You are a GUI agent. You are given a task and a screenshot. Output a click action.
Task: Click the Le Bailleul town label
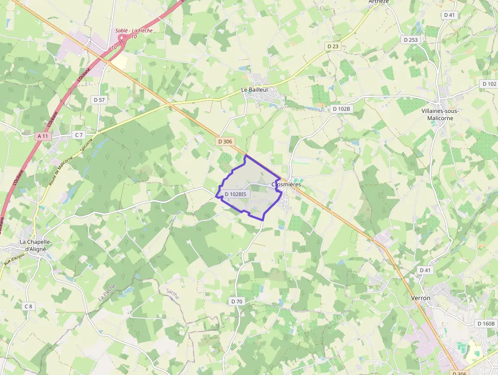[x=254, y=90]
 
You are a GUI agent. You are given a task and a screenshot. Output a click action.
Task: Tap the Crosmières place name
[x=287, y=184]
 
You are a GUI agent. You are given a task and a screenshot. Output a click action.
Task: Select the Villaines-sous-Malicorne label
[x=441, y=114]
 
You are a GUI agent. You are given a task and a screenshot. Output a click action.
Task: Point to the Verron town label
[x=420, y=298]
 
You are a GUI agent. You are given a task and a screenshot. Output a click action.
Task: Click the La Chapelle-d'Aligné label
[x=33, y=245]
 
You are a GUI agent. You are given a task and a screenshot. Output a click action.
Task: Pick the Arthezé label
[x=379, y=2]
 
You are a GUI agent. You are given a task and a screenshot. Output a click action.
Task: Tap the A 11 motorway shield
[x=43, y=136]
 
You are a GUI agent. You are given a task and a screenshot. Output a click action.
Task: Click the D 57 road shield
[x=99, y=100]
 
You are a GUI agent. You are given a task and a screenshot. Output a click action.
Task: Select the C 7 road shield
[x=78, y=135]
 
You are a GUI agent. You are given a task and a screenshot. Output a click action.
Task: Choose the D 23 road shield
[x=333, y=46]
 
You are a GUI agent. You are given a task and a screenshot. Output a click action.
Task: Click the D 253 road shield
[x=410, y=39]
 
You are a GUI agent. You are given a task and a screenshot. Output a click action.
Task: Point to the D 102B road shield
[x=341, y=109]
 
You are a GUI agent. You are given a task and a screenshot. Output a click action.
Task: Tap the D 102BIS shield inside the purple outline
[x=235, y=194]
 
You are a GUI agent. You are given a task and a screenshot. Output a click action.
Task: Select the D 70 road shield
[x=237, y=301]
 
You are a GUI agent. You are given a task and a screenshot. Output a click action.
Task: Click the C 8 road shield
[x=28, y=306]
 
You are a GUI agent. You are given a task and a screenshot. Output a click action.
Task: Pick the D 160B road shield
[x=486, y=323]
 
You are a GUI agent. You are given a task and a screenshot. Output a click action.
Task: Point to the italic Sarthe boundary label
[x=173, y=295]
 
